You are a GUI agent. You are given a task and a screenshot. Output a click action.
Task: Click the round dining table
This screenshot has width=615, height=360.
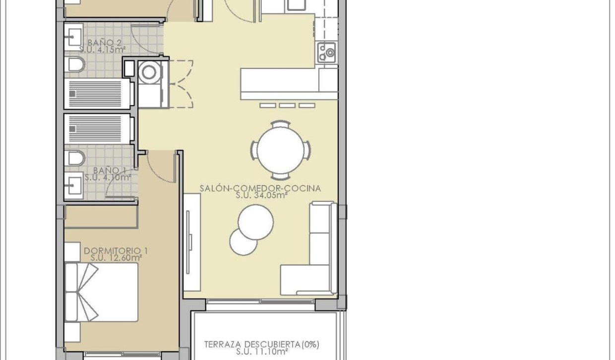click(x=281, y=149)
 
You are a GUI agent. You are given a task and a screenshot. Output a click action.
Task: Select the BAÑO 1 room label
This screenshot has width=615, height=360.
click(x=106, y=170)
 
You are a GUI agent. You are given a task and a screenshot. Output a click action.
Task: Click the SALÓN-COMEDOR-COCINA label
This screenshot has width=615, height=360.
click(x=260, y=188)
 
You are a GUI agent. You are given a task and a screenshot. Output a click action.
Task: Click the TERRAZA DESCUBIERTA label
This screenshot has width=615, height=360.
click(x=262, y=344)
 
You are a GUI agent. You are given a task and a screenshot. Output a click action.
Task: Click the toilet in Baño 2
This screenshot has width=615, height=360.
click(x=75, y=64)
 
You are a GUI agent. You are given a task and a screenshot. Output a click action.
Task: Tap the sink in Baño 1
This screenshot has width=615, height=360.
click(x=74, y=184)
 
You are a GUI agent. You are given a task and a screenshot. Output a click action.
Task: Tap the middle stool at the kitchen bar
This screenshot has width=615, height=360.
click(x=287, y=105)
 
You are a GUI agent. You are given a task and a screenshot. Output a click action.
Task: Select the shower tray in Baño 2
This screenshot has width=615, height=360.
click(x=98, y=93)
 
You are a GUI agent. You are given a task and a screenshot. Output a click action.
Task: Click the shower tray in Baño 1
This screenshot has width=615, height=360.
click(x=98, y=129)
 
